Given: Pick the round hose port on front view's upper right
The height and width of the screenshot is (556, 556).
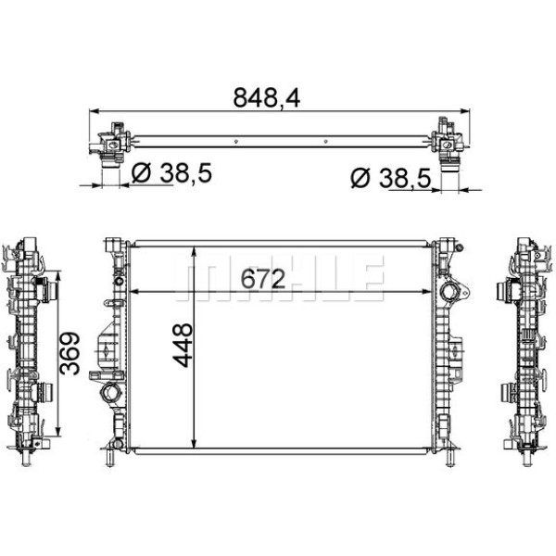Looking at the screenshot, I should (451, 295).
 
